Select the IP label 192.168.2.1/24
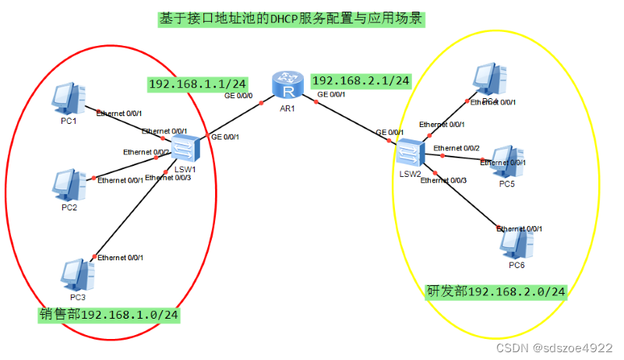click(361, 79)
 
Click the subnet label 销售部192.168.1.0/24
click(109, 315)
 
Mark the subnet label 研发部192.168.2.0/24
click(495, 291)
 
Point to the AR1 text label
click(287, 108)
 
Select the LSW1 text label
click(184, 169)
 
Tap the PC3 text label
click(77, 298)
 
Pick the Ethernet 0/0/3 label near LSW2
click(443, 181)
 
